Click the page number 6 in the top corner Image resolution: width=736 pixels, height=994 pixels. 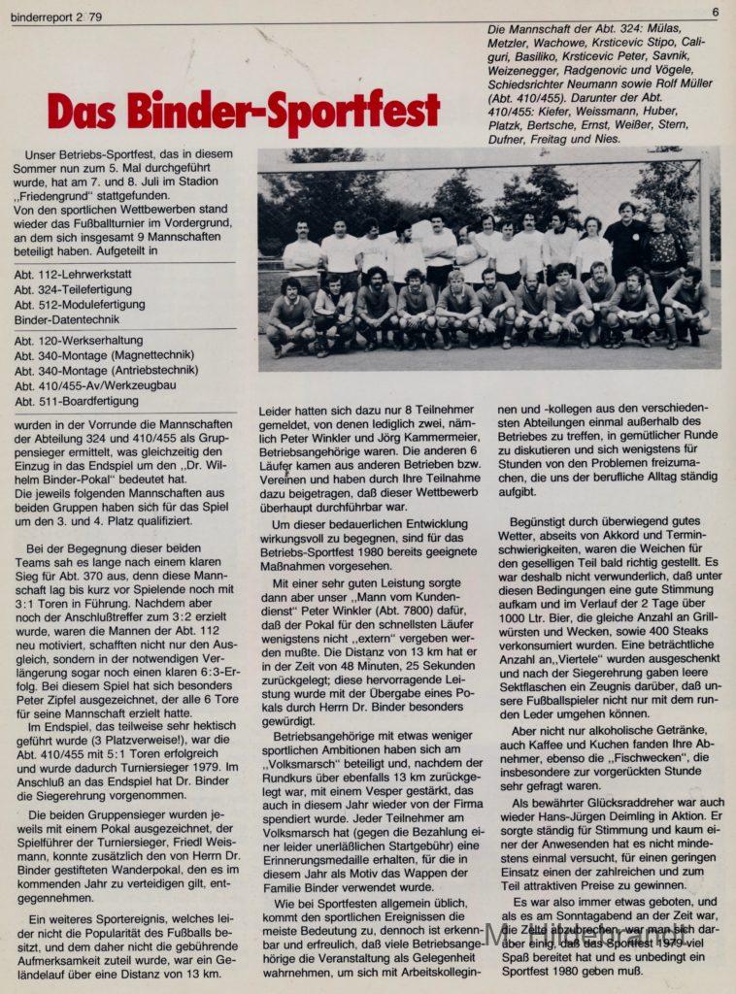point(715,12)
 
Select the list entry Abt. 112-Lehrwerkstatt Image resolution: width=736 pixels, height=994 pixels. point(73,274)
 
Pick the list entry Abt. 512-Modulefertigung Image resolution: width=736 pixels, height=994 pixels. point(80,304)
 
